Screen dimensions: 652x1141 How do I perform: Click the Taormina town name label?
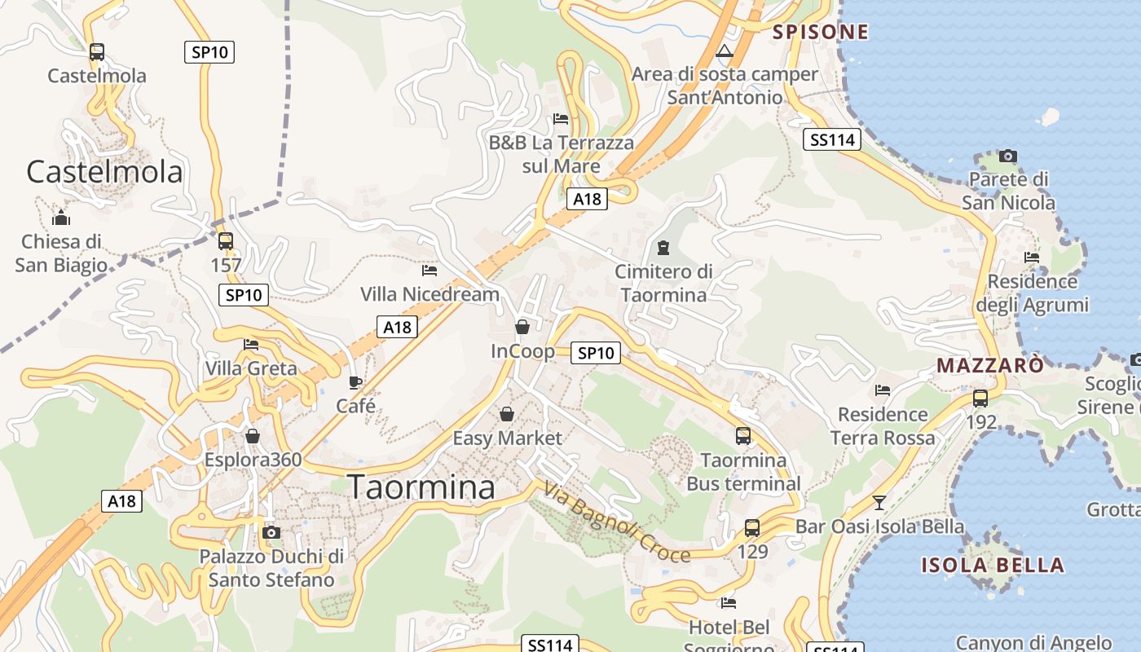pos(422,487)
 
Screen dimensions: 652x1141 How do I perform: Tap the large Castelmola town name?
pos(104,172)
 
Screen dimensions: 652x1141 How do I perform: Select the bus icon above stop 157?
pos(226,241)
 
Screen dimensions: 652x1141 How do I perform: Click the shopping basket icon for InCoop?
pos(522,327)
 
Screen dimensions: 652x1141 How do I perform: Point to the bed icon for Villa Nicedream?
pos(430,270)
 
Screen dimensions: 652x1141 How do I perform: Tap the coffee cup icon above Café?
pos(355,382)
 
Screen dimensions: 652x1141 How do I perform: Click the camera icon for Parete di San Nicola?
pos(1008,156)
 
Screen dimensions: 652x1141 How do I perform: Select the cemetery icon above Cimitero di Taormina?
pos(663,247)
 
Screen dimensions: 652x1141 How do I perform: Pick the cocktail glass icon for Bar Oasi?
pos(879,502)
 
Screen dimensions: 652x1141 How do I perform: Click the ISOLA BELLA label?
pos(993,565)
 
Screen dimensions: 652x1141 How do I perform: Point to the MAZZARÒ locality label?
pos(989,365)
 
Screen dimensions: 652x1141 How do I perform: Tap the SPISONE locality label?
pos(821,32)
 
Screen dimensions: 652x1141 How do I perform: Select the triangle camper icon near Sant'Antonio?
pos(724,51)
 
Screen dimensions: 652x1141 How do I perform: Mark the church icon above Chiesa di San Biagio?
pos(61,218)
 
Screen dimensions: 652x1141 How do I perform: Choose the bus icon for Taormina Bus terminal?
pos(743,436)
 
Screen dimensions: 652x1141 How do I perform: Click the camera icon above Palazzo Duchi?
pos(272,533)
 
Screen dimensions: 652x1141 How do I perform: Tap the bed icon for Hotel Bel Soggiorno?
pos(729,603)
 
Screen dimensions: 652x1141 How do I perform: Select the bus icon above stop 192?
pos(980,399)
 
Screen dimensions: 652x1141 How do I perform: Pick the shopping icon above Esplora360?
pos(253,436)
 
